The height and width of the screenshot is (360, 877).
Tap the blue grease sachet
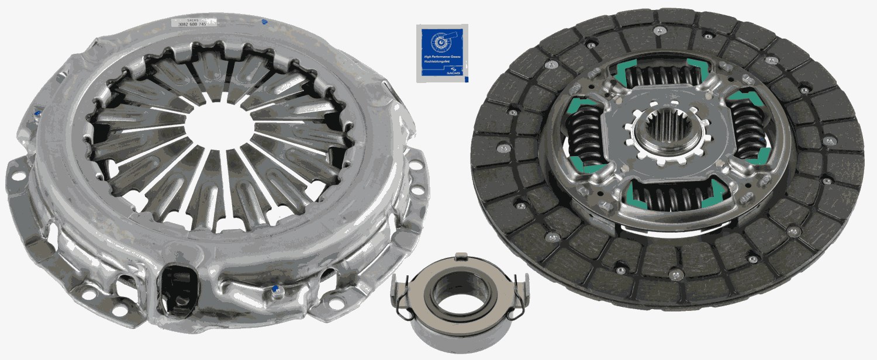[441, 53]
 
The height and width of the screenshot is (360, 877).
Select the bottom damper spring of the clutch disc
[670, 197]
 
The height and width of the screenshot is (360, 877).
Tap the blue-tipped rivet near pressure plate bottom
[275, 289]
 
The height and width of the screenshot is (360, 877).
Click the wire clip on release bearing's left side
[402, 299]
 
